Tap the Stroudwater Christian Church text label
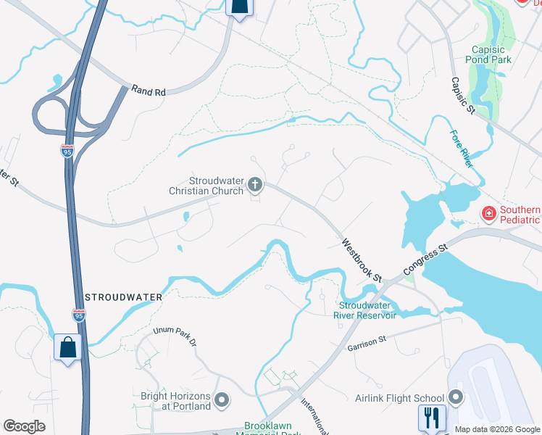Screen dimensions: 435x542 pos(207,186)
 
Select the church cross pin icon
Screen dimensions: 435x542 pos(254,185)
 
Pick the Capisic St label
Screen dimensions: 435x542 pos(462,96)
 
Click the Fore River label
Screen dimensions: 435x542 pos(462,149)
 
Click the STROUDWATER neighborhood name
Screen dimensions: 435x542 pos(122,297)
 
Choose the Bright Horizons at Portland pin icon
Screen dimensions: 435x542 pos(222,400)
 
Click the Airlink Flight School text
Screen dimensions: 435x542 pos(399,398)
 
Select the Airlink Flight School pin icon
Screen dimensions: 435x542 pos(456,397)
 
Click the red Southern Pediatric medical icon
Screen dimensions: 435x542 pos(489,214)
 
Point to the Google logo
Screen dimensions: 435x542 pos(25,426)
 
